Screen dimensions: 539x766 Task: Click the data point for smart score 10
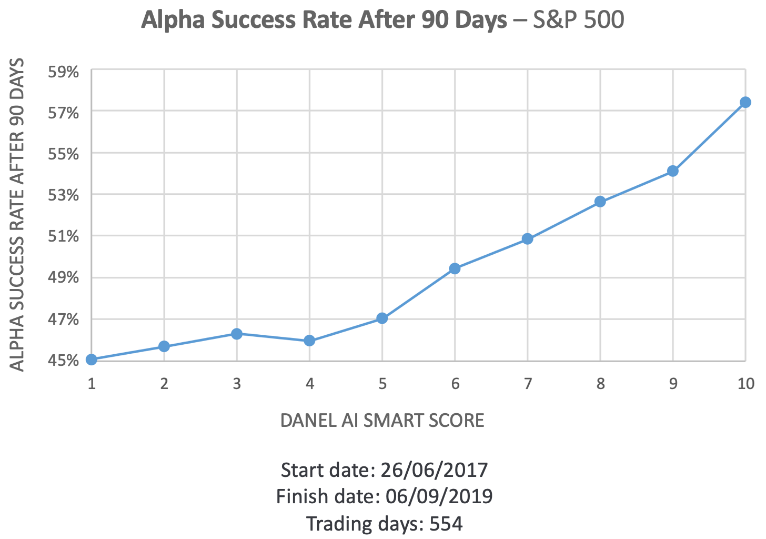point(745,102)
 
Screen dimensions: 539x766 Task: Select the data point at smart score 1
point(92,360)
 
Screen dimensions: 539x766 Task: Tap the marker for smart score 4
point(309,341)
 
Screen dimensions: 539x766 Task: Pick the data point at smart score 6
point(455,268)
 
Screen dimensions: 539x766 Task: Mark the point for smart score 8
point(600,202)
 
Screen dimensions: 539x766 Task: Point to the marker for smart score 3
point(237,334)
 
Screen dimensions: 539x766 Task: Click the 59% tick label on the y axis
point(64,71)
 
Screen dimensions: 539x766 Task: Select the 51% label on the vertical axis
point(64,236)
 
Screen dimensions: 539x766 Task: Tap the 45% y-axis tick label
point(64,361)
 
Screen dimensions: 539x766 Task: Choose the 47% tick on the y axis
point(64,320)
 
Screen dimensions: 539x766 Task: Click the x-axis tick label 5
point(382,384)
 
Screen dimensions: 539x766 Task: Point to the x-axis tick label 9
point(673,384)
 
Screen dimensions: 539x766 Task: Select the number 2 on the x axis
point(164,384)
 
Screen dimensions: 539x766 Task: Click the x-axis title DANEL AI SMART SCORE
point(382,421)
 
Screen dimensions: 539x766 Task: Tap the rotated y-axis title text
point(18,215)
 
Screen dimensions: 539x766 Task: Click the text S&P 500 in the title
point(578,20)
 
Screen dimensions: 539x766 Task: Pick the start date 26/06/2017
point(434,470)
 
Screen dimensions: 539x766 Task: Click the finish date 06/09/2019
point(439,496)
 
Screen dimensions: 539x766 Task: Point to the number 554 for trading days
point(446,524)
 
